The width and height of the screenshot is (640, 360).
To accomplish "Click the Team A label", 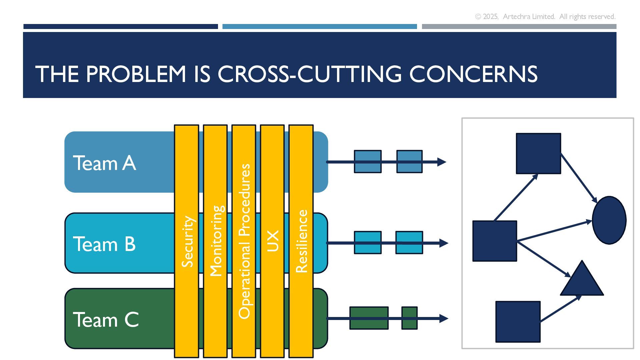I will point(104,163).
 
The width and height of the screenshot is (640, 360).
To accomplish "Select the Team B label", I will point(104,244).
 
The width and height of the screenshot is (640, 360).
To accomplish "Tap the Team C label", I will point(106,320).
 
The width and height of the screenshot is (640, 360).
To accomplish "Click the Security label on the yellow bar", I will point(187,241).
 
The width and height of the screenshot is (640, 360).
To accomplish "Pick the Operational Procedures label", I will point(244,241).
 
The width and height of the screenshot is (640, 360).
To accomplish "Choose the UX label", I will point(273,241).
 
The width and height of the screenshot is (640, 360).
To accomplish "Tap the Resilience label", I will point(301,241).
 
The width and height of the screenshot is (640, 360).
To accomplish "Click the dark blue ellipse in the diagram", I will point(609,220).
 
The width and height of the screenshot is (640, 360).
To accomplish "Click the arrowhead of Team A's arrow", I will point(442,162).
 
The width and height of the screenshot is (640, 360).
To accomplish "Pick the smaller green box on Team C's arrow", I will point(409,318).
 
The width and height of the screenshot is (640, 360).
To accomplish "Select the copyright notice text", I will point(545,17).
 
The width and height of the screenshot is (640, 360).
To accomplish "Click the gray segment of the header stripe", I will point(519,26).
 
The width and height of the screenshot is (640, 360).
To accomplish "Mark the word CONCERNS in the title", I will point(473,74).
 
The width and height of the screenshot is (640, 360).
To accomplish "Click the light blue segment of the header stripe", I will point(319,26).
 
